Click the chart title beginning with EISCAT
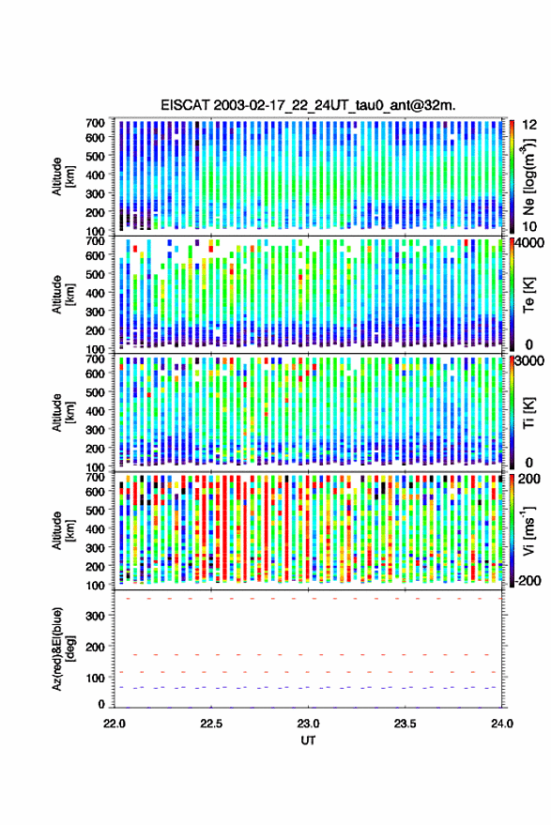(x=309, y=105)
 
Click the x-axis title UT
(x=308, y=741)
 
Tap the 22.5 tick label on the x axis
(x=211, y=724)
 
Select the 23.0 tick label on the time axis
(x=308, y=724)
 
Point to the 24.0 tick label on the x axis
(x=502, y=724)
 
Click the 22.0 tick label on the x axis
(x=115, y=724)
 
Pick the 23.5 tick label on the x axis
(x=405, y=724)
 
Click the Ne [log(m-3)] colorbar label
(x=528, y=176)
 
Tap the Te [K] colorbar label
(x=528, y=295)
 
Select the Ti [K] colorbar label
(x=528, y=413)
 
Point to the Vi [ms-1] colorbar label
(x=528, y=530)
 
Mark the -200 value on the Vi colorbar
(x=528, y=580)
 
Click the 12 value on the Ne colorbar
(x=529, y=125)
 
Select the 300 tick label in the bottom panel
(x=95, y=616)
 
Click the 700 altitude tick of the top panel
(x=95, y=123)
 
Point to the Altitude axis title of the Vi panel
(x=63, y=530)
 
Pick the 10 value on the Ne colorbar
(x=529, y=227)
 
